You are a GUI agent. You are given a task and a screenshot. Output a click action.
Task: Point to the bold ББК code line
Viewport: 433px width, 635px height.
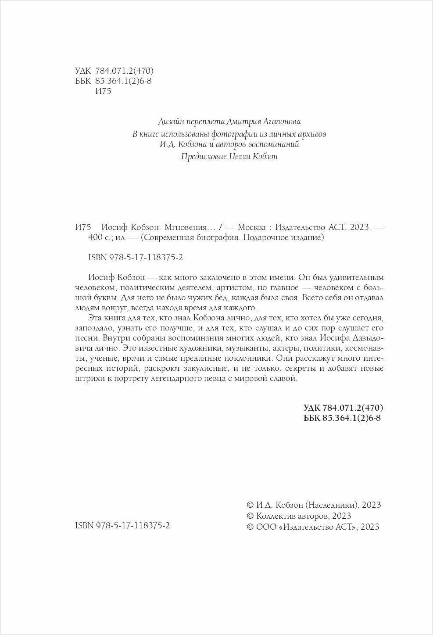(x=342, y=418)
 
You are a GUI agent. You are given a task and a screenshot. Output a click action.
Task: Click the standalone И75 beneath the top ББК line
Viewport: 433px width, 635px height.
(x=103, y=92)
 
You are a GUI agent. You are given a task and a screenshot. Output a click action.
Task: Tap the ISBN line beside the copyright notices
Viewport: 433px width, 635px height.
(x=122, y=525)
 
